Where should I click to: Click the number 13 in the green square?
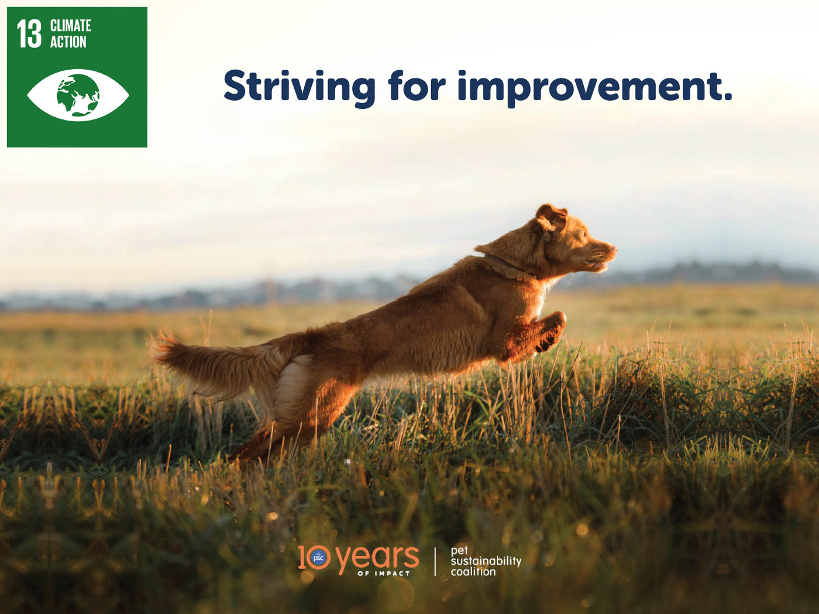29,34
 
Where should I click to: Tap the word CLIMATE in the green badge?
71,26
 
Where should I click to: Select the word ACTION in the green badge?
68,42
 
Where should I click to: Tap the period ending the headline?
726,97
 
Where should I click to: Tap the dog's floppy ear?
551,217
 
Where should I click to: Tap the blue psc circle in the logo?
319,558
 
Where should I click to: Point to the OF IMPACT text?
384,574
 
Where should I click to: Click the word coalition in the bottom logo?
473,572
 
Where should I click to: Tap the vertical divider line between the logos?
435,562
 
